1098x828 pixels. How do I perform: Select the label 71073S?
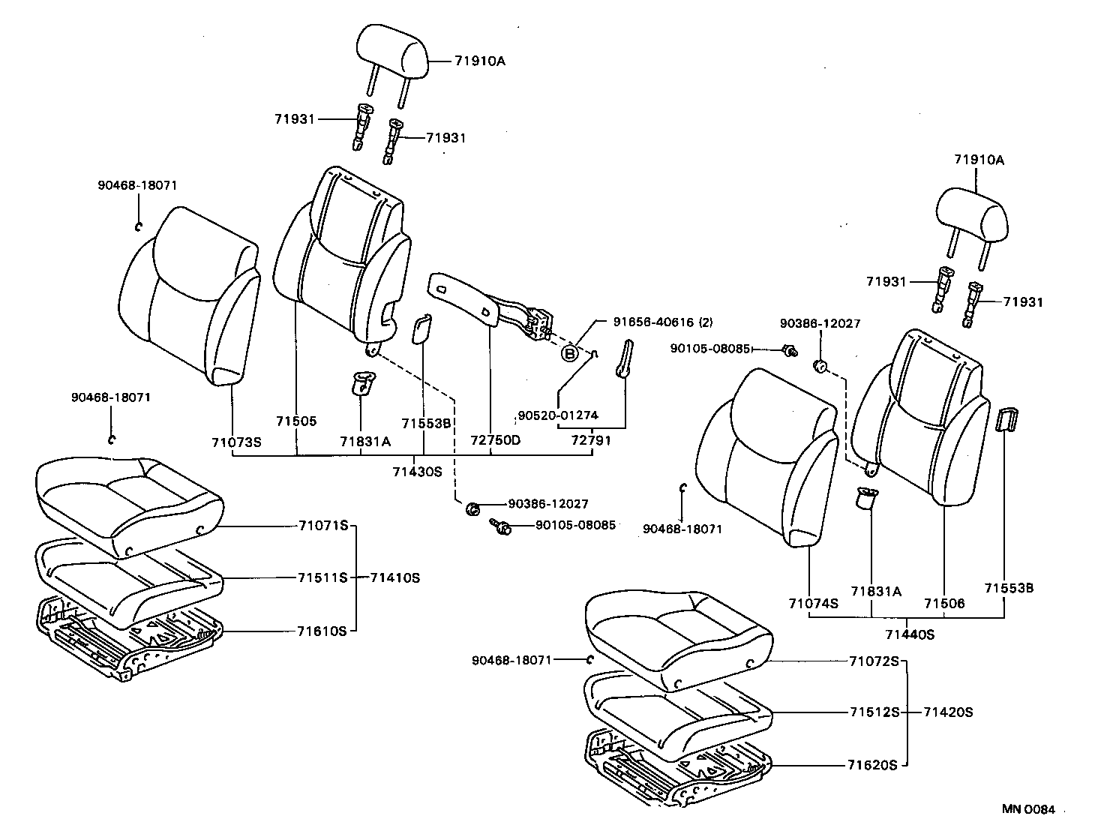point(235,442)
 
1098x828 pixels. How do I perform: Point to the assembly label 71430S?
point(417,472)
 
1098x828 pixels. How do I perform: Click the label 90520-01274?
point(558,415)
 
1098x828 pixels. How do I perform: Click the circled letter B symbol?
point(570,352)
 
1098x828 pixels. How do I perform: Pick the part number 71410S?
point(394,578)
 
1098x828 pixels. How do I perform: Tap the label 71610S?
point(322,631)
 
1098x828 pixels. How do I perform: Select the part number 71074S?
point(813,603)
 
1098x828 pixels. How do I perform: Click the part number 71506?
point(943,603)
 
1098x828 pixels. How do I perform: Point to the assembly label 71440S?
point(909,634)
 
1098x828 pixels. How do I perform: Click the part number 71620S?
point(872,765)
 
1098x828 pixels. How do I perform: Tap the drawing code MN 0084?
point(1028,809)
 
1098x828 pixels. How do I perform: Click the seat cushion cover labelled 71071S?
point(127,502)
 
